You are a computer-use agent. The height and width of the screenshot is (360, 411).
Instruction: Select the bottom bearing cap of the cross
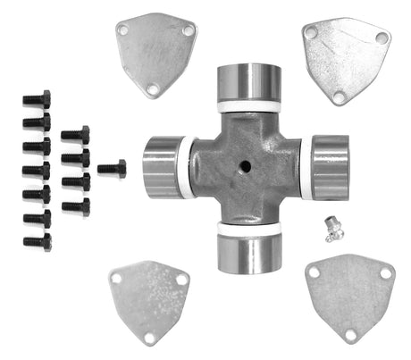tap(249, 255)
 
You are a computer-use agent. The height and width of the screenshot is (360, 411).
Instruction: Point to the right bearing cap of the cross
tap(330, 166)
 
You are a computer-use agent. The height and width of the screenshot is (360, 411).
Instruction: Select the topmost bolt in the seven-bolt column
tap(37, 99)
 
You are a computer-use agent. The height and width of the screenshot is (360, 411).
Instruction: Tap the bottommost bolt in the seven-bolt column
tap(37, 241)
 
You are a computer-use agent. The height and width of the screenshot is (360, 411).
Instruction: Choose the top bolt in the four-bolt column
tap(75, 136)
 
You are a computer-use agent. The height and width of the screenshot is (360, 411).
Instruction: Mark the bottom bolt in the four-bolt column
tap(75, 207)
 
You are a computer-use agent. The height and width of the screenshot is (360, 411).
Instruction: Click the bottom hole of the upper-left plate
tap(153, 89)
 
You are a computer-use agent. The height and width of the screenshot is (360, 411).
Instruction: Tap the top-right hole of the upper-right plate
tap(382, 38)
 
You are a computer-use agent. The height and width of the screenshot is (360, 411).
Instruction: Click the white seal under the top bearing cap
tap(249, 106)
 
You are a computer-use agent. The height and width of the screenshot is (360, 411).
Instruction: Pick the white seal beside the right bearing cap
tap(306, 168)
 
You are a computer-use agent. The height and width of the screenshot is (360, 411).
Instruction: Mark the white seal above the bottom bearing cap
tap(249, 229)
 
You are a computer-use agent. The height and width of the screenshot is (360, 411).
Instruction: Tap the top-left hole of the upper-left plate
tap(123, 30)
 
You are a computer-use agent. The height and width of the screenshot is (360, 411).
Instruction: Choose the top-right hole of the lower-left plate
tap(181, 280)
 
